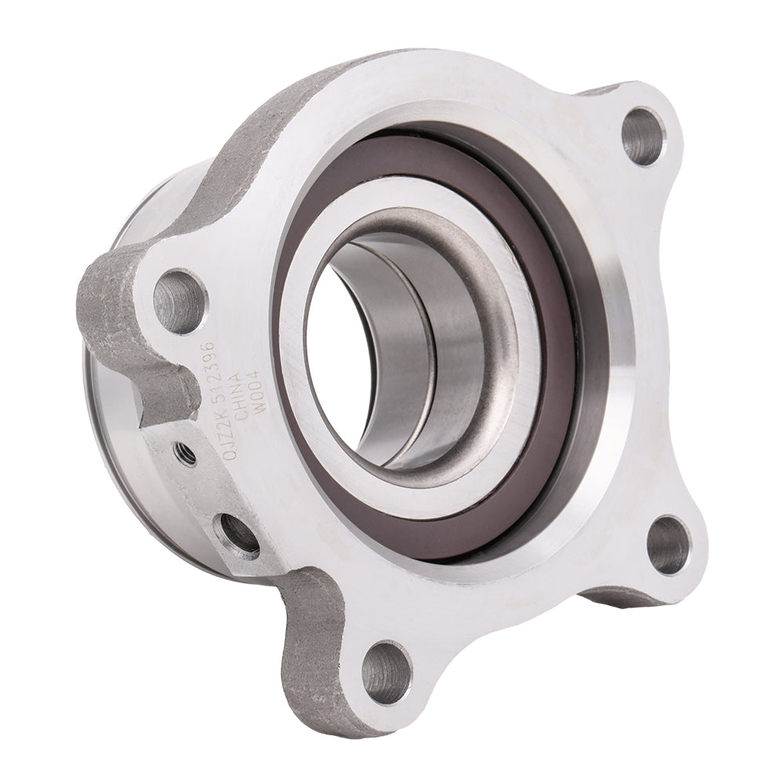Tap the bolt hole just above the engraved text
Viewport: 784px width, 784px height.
tap(180, 300)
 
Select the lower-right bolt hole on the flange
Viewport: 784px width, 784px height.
tap(669, 544)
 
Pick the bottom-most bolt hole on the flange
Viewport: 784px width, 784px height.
tap(387, 671)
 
